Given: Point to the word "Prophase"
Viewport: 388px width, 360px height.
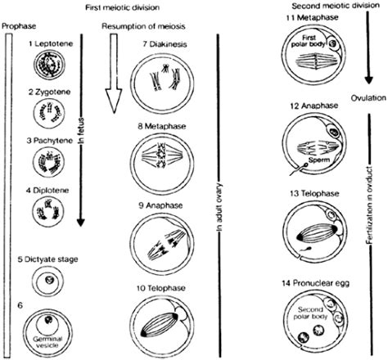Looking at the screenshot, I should [17, 26].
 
